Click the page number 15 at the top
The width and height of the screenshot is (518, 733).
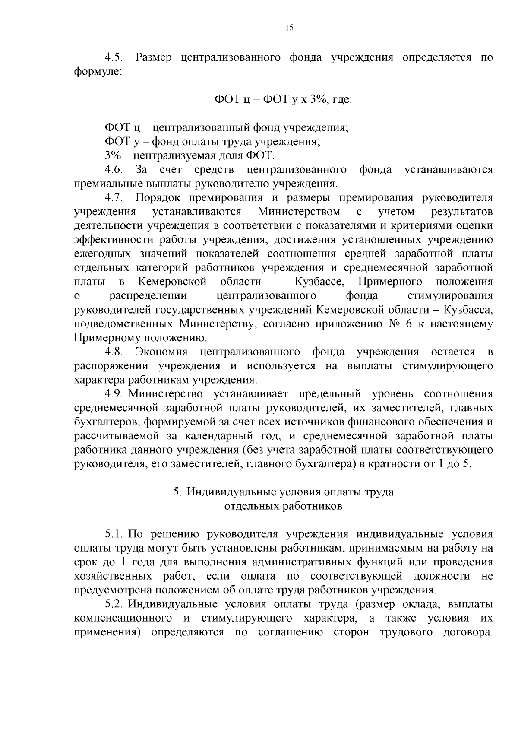coord(289,28)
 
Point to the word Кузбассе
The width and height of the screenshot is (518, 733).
coord(319,282)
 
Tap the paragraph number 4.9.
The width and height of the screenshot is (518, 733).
coord(114,394)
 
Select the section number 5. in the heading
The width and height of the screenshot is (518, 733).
coord(177,492)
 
